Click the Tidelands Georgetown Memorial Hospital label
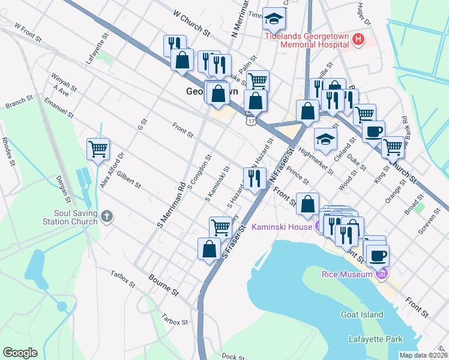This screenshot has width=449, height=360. click(x=307, y=40)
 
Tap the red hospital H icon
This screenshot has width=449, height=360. click(x=358, y=40)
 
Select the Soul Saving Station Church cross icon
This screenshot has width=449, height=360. click(x=107, y=216)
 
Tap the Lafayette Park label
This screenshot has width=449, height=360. click(x=376, y=340)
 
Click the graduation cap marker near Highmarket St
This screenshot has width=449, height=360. click(x=325, y=140)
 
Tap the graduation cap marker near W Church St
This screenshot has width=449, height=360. click(x=274, y=20)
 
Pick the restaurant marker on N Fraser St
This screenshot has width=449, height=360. click(x=255, y=178)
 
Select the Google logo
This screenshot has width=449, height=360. click(x=20, y=353)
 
